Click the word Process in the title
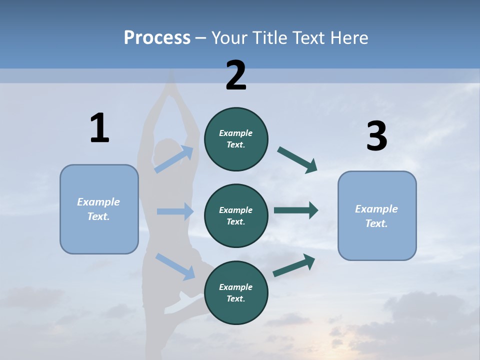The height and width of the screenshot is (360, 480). pos(157,38)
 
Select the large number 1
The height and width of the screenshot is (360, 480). pos(99,128)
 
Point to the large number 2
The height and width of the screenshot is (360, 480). pos(236,75)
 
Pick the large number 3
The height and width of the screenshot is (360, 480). pos(376,136)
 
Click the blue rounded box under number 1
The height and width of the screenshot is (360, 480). pos(99,209)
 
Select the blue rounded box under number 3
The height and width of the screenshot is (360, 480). pos(377,215)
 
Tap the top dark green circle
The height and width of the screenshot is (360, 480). pos(236,139)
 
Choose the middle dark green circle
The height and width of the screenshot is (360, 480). pos(236,215)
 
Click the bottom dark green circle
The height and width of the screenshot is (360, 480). pos(236,292)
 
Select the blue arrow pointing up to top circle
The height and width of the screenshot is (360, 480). pos(174,159)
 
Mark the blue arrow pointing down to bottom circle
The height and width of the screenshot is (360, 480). pos(175,266)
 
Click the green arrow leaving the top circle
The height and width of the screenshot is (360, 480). pos(297,159)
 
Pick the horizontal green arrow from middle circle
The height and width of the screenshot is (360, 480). pos(296,210)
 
